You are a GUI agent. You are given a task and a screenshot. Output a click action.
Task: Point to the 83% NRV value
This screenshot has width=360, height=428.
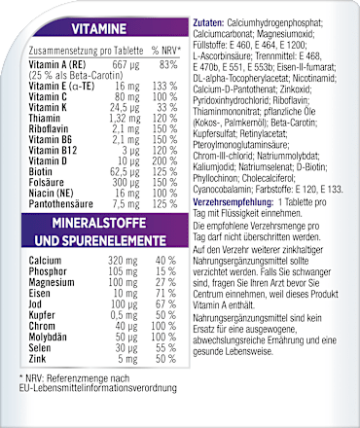(x=166, y=64)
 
